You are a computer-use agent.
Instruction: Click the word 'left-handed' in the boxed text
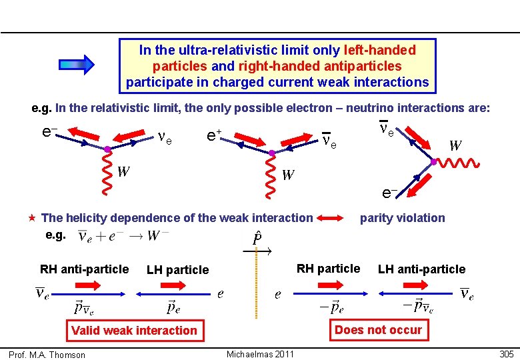click(379, 50)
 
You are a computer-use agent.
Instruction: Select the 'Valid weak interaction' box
click(134, 330)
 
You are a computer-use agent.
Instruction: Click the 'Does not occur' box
click(378, 329)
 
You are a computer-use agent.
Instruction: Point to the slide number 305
click(507, 354)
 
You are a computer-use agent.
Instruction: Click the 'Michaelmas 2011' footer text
click(260, 354)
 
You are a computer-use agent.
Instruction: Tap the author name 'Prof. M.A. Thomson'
click(47, 355)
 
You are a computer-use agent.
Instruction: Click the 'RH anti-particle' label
click(84, 269)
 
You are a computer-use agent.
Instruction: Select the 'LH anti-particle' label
click(421, 269)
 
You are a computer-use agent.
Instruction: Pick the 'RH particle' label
click(328, 269)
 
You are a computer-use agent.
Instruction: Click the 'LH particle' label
click(177, 270)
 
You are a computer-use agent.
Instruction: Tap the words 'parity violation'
click(402, 218)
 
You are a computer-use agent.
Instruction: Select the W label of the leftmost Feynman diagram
click(123, 171)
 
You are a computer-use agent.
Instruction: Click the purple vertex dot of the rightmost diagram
click(434, 161)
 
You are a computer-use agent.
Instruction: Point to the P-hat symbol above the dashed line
click(257, 237)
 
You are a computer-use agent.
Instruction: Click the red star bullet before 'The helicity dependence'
click(31, 218)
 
